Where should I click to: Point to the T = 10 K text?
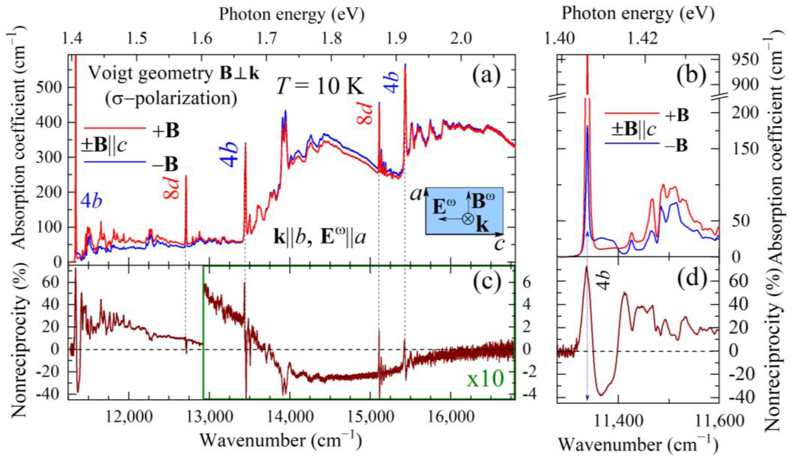[x=320, y=86]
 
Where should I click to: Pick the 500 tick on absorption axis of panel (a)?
[x=49, y=87]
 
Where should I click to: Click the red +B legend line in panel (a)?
[x=115, y=128]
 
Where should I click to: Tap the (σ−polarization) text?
[x=171, y=98]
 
